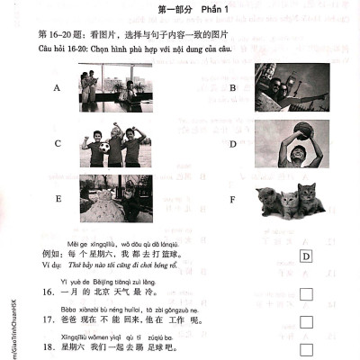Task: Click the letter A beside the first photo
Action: pyautogui.click(x=58, y=89)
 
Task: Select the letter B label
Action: pyautogui.click(x=232, y=88)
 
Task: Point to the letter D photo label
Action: pyautogui.click(x=232, y=143)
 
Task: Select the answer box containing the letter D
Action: pyautogui.click(x=306, y=256)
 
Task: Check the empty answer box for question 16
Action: pyautogui.click(x=306, y=292)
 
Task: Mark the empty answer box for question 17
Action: pyautogui.click(x=306, y=321)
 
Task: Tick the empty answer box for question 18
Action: pyautogui.click(x=306, y=349)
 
